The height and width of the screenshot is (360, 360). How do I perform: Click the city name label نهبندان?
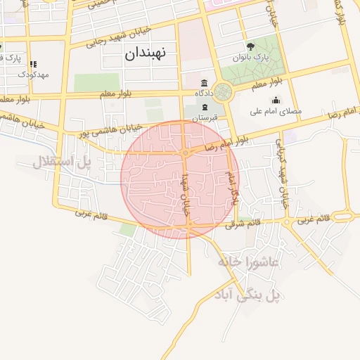pos(145,53)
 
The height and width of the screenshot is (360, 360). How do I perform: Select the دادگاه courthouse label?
pos(204,92)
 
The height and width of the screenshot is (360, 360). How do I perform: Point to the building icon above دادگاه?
pos(204,82)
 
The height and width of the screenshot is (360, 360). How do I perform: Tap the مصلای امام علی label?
pos(276,111)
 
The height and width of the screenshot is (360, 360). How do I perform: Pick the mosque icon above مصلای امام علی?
pos(276,100)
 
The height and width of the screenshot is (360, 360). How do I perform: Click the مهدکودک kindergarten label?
pos(33,74)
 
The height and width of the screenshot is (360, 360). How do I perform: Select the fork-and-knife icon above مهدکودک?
pos(33,63)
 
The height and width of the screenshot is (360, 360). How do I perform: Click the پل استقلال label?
pos(62,162)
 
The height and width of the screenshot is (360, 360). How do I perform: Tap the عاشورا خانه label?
pos(248,262)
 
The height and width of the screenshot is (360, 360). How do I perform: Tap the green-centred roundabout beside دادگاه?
pos(224,91)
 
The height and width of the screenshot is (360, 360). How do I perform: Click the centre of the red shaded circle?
pos(180,179)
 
